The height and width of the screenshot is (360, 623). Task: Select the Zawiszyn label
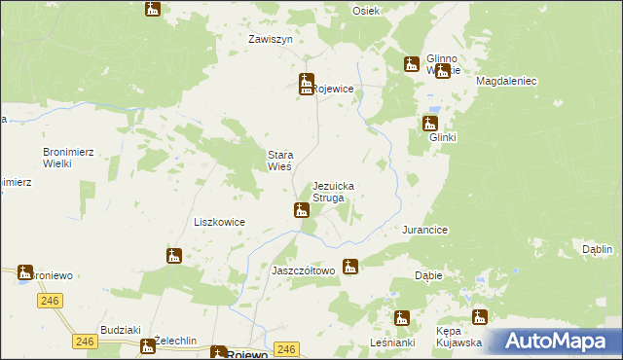(x=271, y=40)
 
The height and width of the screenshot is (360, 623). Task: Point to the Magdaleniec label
(x=507, y=82)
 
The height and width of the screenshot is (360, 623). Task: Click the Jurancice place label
(x=424, y=230)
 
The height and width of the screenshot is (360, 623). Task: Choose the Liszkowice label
(x=219, y=222)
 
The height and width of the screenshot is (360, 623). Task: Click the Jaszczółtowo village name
(x=303, y=270)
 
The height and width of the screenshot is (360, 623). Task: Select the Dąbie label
(x=428, y=275)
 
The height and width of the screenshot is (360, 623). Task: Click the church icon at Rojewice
(x=306, y=84)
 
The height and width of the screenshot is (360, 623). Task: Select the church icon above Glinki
(x=429, y=124)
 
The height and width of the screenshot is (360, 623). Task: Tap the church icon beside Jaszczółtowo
(x=350, y=266)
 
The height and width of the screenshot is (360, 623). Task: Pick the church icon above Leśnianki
(x=401, y=317)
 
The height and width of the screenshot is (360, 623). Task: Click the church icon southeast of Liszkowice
(x=174, y=256)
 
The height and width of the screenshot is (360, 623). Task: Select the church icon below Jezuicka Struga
(x=302, y=209)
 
